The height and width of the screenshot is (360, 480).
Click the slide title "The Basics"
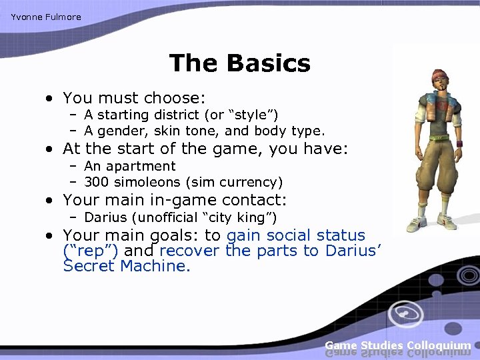(239, 63)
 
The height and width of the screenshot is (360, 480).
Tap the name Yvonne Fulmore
(46, 17)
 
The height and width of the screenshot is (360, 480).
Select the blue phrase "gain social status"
(296, 235)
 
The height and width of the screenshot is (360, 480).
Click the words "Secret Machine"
(127, 266)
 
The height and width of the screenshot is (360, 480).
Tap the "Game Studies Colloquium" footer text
(398, 345)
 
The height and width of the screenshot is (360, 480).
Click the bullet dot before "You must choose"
(50, 99)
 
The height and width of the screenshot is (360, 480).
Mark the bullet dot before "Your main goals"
(50, 236)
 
